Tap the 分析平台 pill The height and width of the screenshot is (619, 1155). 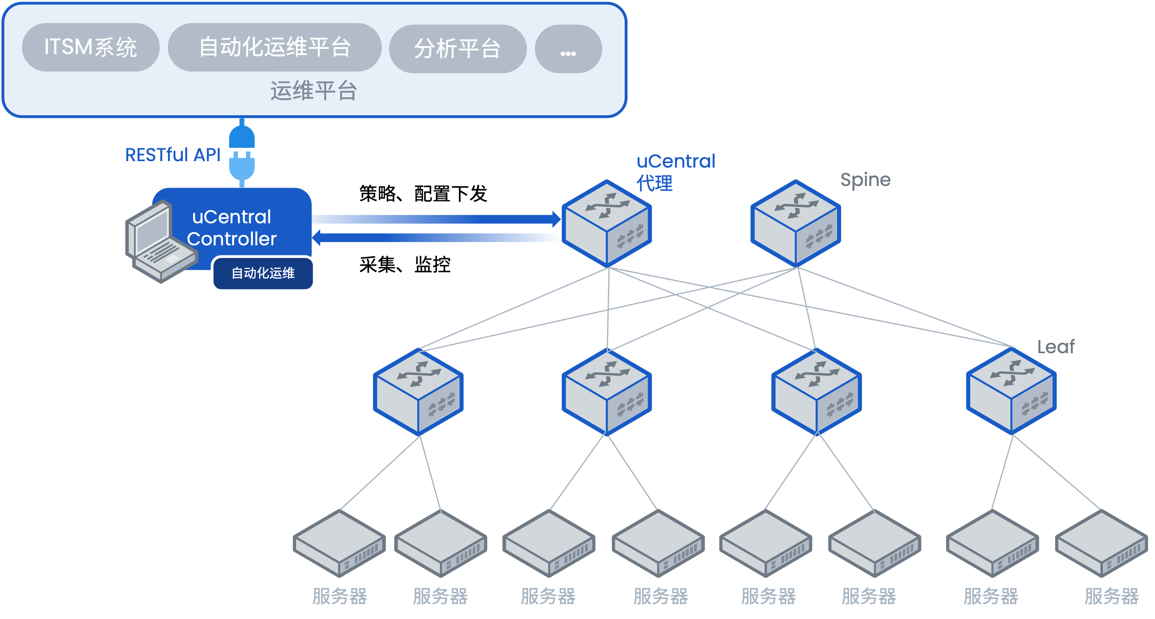tap(457, 49)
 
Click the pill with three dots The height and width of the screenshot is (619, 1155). tap(568, 49)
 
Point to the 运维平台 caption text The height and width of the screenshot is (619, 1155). tap(313, 91)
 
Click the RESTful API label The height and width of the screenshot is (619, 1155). tap(173, 155)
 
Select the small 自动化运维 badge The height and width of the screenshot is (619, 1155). tap(263, 273)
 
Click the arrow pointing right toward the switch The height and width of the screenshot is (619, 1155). tap(435, 219)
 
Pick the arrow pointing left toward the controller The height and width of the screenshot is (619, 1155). tap(435, 237)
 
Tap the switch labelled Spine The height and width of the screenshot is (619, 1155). tap(796, 223)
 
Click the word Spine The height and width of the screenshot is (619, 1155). tap(865, 180)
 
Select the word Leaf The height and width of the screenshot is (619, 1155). tap(1056, 347)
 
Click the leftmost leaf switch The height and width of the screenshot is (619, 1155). tap(418, 392)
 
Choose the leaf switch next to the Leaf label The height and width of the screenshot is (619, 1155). tap(1011, 392)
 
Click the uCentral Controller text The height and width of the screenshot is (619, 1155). tap(231, 228)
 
